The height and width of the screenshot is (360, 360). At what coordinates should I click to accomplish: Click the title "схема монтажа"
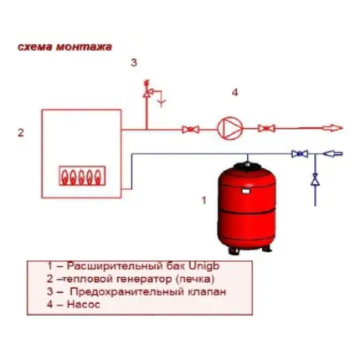point(64,47)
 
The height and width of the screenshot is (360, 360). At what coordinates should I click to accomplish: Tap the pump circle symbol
point(230,128)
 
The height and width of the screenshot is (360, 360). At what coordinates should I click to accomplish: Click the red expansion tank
point(246,208)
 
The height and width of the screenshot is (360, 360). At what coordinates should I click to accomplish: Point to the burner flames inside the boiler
point(82,176)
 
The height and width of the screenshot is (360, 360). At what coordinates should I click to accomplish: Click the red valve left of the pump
point(191,129)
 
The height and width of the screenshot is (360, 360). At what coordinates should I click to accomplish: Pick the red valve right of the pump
point(266,128)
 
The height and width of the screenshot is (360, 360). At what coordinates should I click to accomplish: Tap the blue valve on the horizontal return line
point(300,153)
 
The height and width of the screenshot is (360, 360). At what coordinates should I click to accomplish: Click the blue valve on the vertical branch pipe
point(316,179)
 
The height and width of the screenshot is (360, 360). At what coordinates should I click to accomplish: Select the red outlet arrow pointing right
point(332,128)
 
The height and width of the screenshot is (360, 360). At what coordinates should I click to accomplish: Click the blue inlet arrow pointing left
point(332,153)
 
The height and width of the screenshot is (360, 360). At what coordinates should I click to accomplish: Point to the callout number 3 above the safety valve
point(134,63)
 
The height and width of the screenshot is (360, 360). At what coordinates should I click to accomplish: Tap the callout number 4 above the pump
point(235,92)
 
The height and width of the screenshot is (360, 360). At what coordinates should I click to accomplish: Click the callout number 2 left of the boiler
point(21,132)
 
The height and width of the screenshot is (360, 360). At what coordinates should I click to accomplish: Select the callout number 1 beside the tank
point(204,200)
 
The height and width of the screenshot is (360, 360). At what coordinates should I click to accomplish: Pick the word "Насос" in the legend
point(83,304)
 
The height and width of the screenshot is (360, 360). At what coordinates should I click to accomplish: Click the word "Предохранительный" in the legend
point(126,291)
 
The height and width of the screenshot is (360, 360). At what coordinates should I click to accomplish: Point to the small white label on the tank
point(246,191)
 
